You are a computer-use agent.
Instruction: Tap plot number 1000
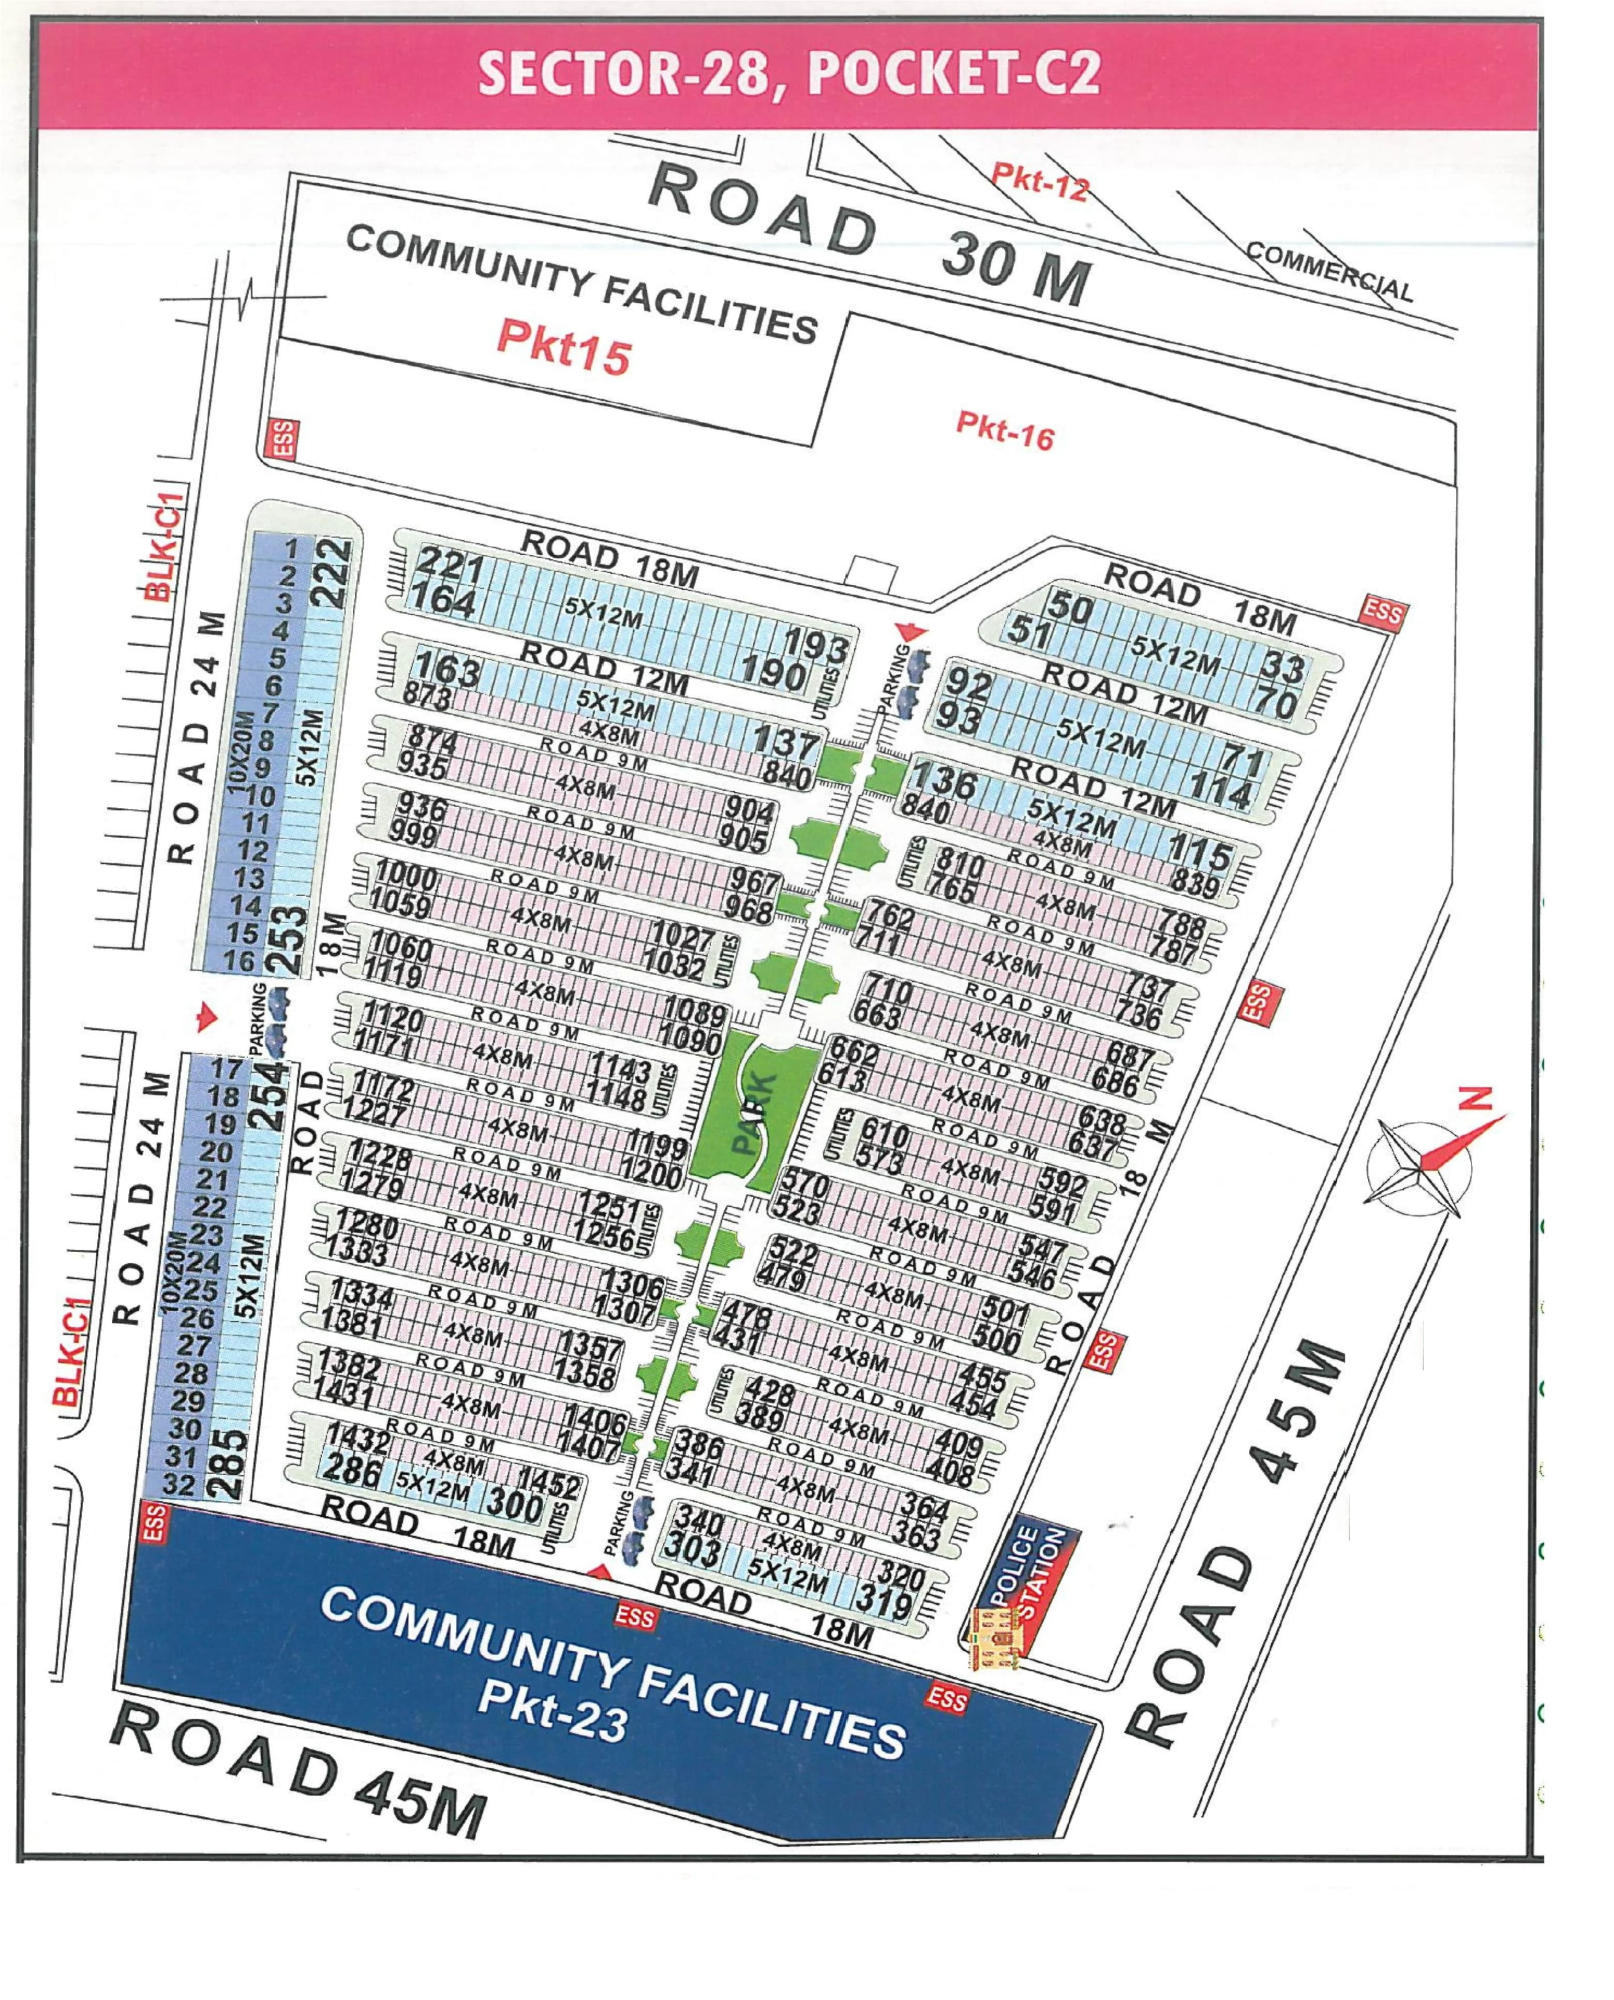(406, 877)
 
